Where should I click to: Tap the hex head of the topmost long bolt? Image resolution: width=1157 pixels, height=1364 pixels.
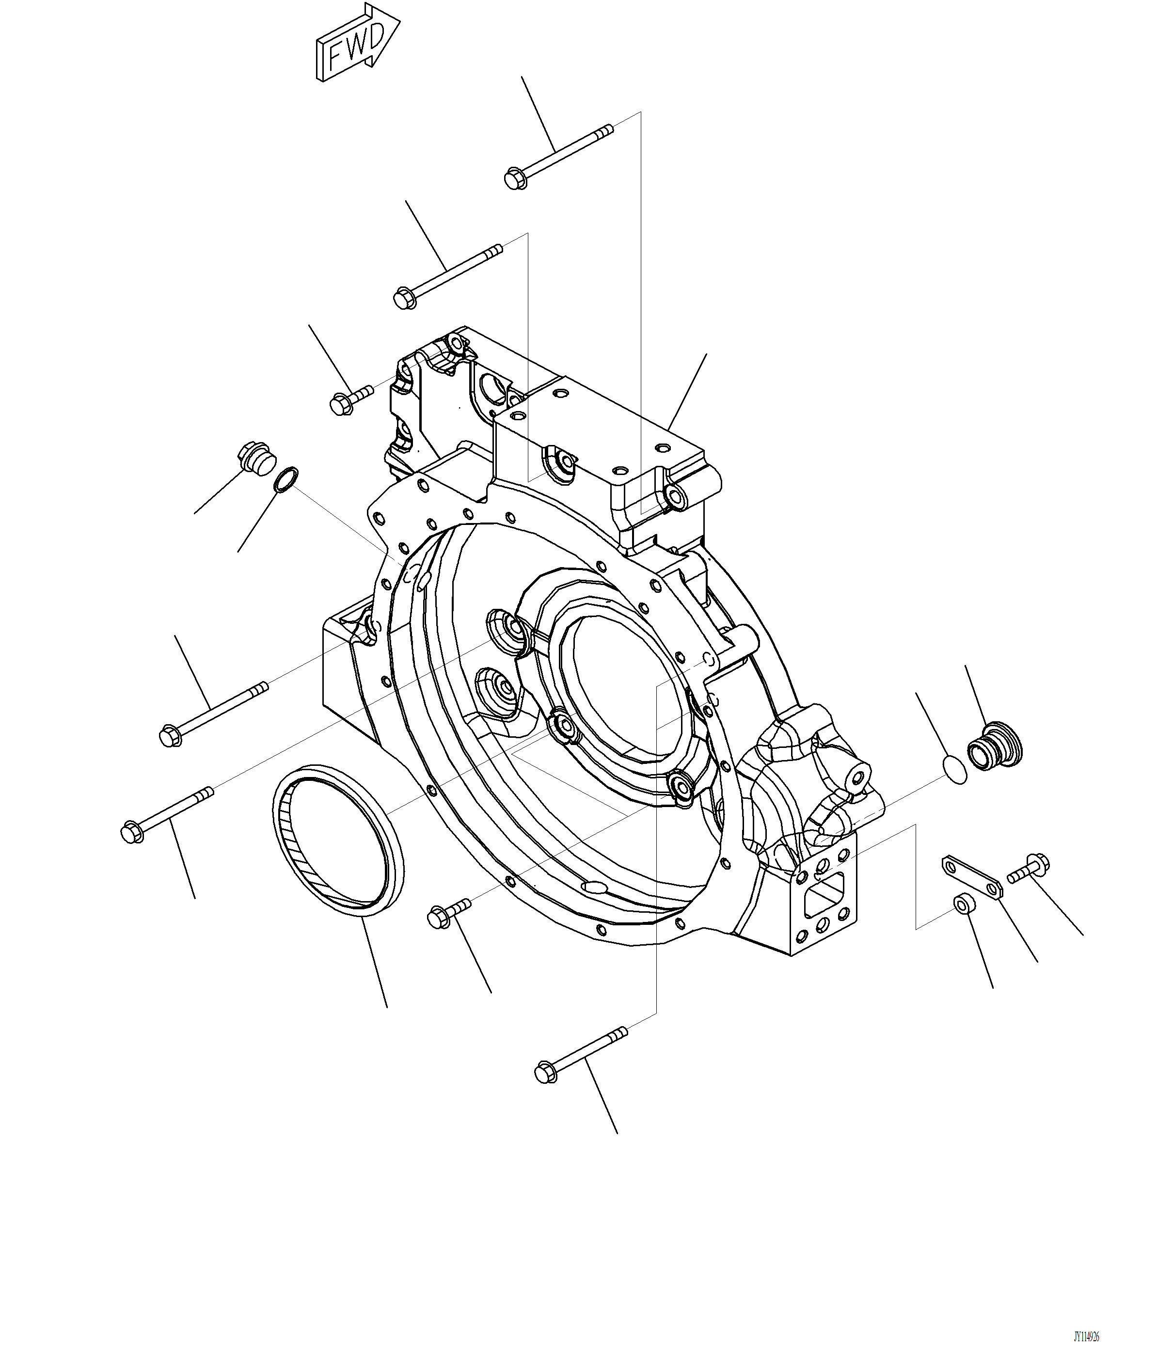pyautogui.click(x=514, y=178)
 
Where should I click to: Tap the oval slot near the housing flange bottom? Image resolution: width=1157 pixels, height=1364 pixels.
pyautogui.click(x=597, y=887)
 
